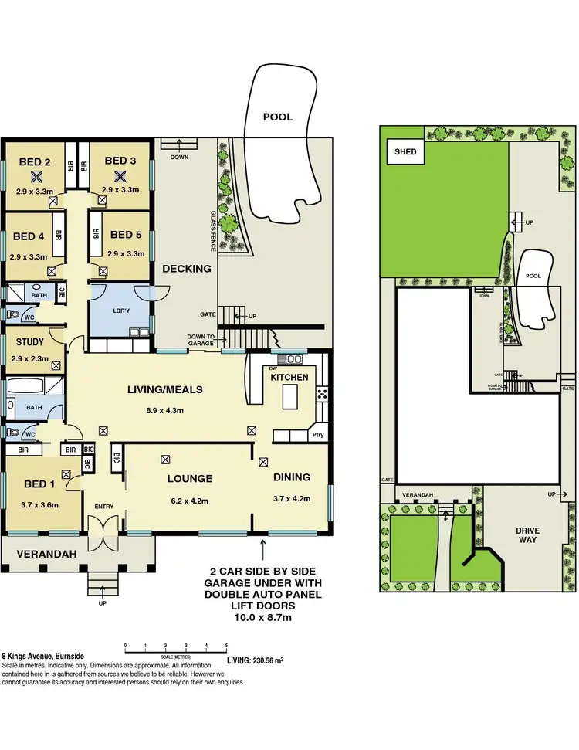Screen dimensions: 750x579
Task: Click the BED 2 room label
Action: (x=35, y=161)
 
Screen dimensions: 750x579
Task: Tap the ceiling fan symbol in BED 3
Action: (x=120, y=175)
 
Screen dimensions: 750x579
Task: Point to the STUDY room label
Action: (x=30, y=341)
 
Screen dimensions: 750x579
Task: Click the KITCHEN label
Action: (x=289, y=377)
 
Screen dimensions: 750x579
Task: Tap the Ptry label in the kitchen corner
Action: (x=319, y=436)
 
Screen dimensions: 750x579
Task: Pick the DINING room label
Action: (x=292, y=477)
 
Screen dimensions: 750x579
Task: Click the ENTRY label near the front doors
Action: (x=104, y=507)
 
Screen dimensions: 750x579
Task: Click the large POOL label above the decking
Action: (x=278, y=117)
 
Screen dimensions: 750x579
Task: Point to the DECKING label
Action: (x=186, y=269)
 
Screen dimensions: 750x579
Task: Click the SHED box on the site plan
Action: (x=405, y=152)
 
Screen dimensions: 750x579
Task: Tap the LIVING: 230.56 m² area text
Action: (x=256, y=660)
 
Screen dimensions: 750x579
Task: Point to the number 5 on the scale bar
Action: (x=226, y=645)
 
